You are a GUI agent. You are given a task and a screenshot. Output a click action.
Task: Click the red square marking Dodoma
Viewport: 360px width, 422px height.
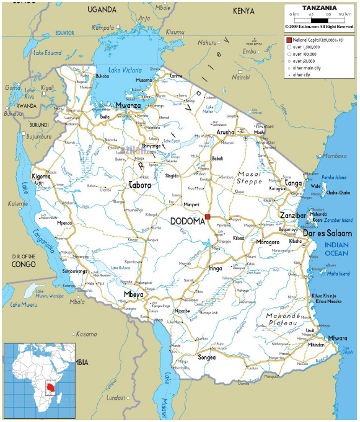coord(208,217)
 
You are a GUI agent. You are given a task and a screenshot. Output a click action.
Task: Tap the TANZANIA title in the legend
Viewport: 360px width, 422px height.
coord(319,7)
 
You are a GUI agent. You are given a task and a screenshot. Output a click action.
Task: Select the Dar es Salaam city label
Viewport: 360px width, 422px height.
coord(326,233)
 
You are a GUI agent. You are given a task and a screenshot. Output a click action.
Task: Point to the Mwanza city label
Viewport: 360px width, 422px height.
coord(128,106)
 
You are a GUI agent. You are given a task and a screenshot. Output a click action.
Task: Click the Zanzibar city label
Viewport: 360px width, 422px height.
coord(292,215)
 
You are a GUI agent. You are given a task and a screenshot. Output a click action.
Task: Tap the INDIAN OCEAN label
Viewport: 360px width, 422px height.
coord(339,250)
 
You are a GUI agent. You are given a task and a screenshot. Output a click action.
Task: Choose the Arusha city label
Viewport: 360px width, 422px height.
coord(226,132)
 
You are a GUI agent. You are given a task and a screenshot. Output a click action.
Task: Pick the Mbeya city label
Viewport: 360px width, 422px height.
coord(133,294)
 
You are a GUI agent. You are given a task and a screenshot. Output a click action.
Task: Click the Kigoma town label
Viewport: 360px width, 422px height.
coord(42,177)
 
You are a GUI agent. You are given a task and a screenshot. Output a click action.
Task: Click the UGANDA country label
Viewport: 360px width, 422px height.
coord(102,10)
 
